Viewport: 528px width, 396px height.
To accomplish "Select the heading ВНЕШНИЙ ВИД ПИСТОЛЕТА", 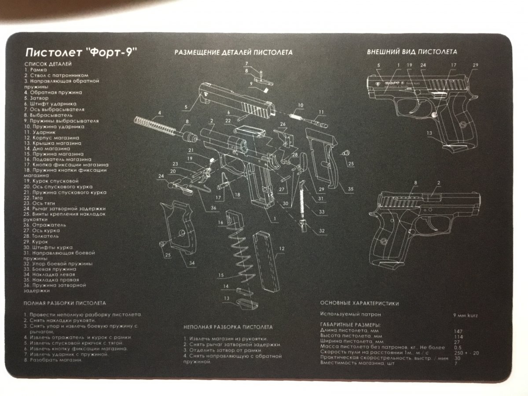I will coord(412,51).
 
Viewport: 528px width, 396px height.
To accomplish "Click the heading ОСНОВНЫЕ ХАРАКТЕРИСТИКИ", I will coord(359,303).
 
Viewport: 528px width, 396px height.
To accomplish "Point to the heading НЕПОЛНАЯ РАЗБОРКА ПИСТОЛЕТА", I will coord(228,327).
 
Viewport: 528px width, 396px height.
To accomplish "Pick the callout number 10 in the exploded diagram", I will coord(301,105).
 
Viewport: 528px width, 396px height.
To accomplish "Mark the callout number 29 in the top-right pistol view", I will coord(475,65).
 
